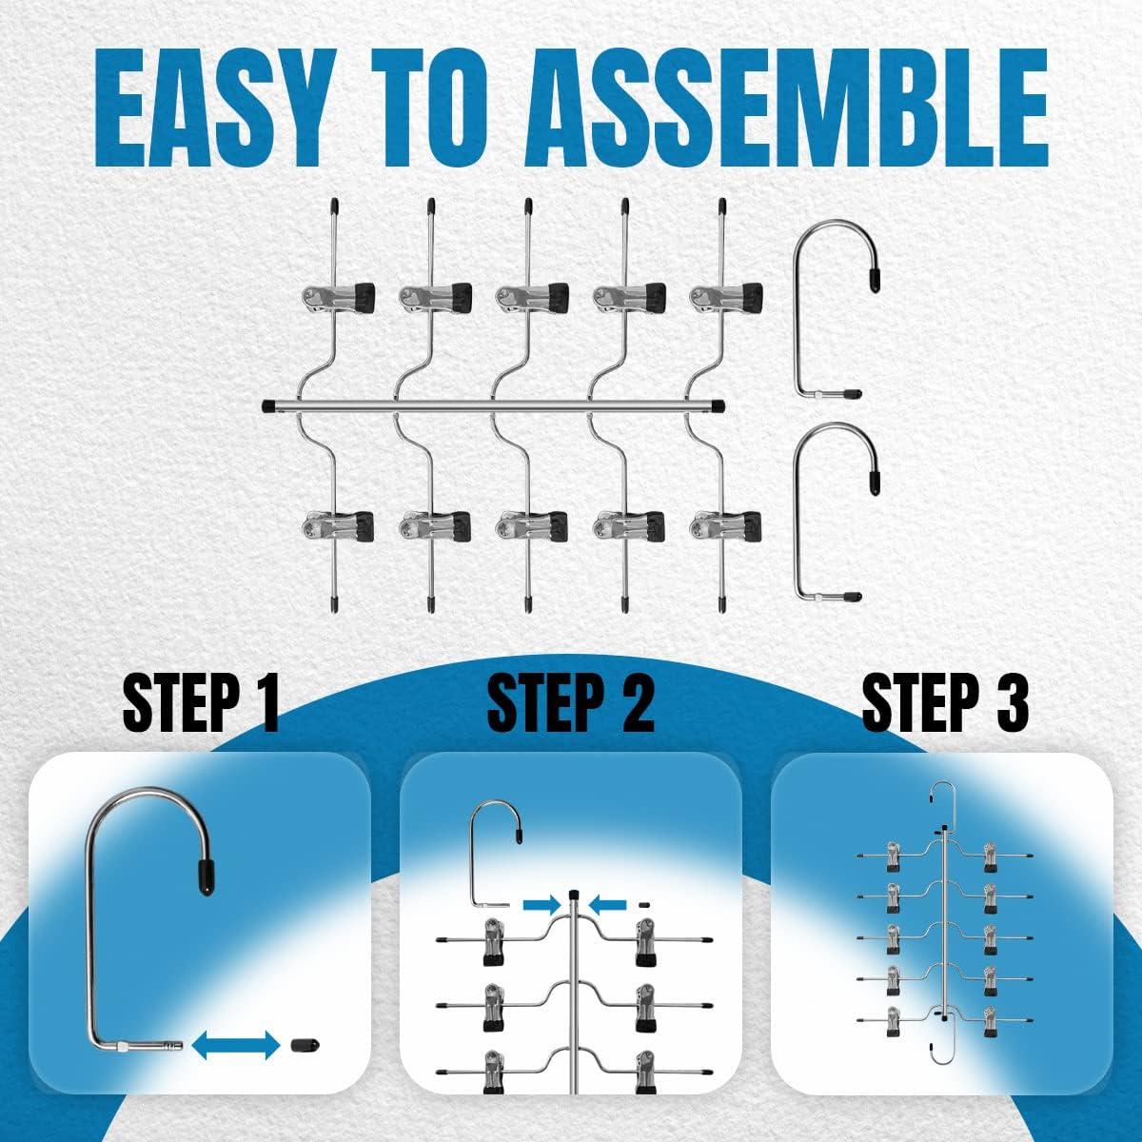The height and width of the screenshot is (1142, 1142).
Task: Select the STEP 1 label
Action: [201, 704]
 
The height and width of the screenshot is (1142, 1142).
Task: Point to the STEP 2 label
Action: [570, 704]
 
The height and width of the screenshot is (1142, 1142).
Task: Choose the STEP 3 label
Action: [945, 704]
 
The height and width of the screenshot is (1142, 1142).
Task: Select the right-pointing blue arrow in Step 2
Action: [541, 904]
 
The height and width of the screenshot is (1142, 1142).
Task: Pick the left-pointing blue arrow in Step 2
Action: [607, 904]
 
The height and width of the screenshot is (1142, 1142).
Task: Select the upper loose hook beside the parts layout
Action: [796, 308]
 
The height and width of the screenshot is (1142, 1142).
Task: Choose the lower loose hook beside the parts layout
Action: [796, 510]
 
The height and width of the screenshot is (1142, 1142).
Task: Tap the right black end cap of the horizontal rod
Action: [719, 406]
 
